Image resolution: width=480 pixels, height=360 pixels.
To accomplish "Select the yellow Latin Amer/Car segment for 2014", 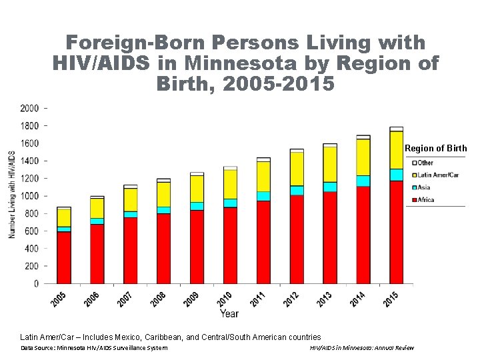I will (x=363, y=157).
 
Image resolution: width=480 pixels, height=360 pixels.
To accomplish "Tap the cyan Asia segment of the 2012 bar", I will (x=296, y=191).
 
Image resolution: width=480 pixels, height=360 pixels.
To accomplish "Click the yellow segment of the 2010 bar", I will (x=230, y=184).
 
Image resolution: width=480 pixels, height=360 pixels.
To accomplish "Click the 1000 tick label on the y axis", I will (x=30, y=196).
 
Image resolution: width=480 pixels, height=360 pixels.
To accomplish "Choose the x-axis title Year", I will (x=230, y=313).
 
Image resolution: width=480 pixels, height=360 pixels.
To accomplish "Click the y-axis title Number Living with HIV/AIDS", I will (x=11, y=195).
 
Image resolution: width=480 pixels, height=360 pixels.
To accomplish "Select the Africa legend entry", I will (x=425, y=200).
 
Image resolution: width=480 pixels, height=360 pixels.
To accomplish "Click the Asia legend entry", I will (x=423, y=187).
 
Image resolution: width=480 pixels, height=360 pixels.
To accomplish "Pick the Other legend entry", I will (x=425, y=163).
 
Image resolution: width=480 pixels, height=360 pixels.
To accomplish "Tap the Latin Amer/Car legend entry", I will (x=437, y=175).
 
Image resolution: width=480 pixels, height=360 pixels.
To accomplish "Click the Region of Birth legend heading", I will (x=436, y=149).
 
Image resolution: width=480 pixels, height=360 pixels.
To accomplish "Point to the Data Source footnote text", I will (x=94, y=348).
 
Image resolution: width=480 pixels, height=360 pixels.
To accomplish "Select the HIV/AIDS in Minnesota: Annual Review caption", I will (x=362, y=348).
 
